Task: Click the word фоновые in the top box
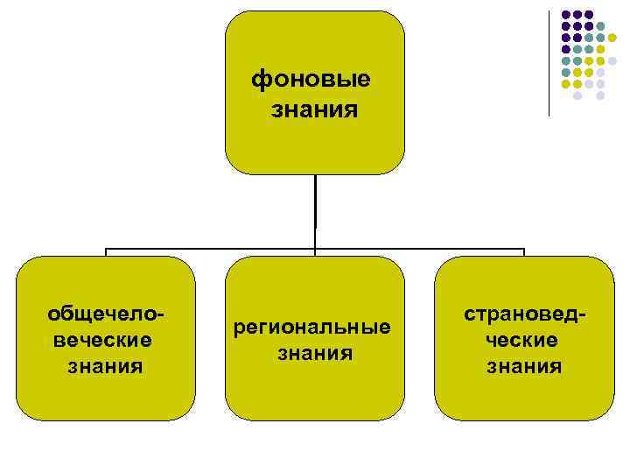[311, 80]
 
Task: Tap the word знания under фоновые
[315, 110]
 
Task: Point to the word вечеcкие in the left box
[103, 339]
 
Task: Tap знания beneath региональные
[315, 353]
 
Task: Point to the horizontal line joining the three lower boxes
[210, 250]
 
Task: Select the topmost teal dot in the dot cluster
[601, 26]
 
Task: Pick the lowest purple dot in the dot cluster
[565, 49]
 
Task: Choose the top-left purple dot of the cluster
[565, 15]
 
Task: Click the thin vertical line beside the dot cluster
[549, 61]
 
